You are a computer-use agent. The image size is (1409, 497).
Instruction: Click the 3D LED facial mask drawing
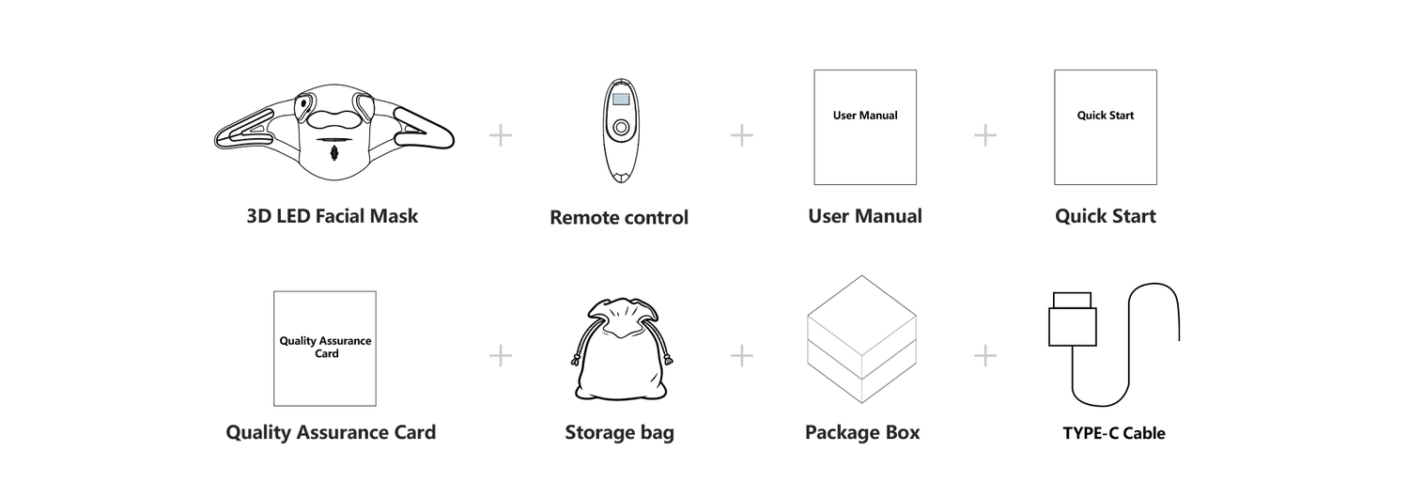click(333, 136)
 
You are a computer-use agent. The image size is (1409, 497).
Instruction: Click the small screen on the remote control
click(619, 98)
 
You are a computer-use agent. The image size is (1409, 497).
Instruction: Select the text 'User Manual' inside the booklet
click(865, 116)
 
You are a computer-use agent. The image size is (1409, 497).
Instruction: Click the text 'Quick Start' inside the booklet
click(1106, 116)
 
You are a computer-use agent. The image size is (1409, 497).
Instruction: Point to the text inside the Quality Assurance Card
click(325, 347)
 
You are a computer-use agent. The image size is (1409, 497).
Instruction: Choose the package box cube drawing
click(861, 340)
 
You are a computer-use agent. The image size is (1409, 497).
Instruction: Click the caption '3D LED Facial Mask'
click(333, 216)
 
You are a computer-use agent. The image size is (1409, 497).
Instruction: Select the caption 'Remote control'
click(619, 218)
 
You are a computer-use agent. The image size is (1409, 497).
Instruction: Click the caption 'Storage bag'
click(619, 433)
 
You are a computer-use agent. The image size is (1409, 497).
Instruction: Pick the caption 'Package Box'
click(862, 433)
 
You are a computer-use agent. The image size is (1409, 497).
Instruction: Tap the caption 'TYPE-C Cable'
click(1114, 434)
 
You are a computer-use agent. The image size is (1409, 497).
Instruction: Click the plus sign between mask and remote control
click(501, 136)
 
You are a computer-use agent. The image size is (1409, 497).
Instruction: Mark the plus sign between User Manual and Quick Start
click(985, 136)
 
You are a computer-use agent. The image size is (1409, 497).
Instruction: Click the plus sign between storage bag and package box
click(742, 356)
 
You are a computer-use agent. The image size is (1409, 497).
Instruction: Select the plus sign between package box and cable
click(985, 356)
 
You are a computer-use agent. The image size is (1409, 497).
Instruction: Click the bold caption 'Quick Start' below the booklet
click(1106, 216)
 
